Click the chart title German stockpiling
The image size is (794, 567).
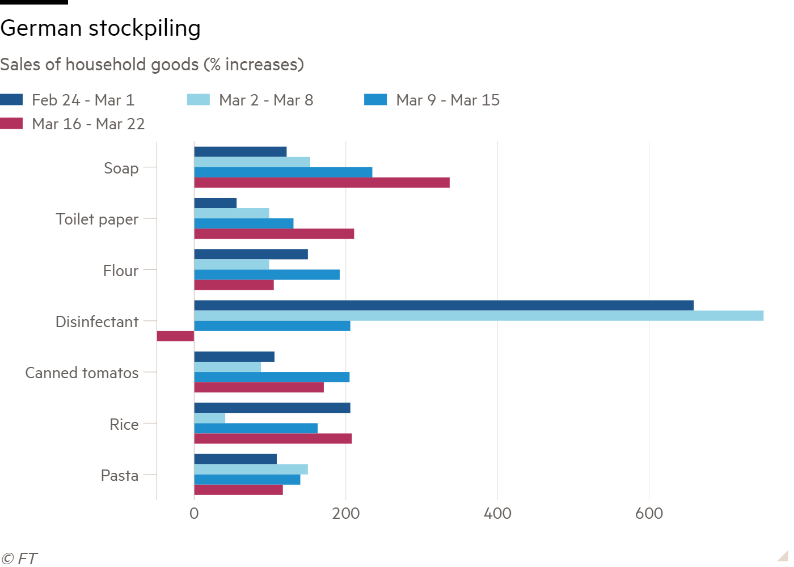tap(100, 28)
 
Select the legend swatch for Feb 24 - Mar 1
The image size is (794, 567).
tap(11, 100)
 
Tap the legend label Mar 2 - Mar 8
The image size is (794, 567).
tap(266, 100)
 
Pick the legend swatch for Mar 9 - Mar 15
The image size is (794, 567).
tap(375, 100)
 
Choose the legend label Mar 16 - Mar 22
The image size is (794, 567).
tap(88, 124)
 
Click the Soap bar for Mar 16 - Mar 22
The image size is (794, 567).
tap(322, 183)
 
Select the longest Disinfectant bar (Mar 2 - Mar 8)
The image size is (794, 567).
tap(479, 316)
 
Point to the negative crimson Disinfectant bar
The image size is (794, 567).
tap(175, 336)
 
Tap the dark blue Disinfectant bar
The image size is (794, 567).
tap(444, 306)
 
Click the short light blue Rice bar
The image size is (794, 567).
tap(209, 418)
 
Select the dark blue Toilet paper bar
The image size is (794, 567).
tap(215, 203)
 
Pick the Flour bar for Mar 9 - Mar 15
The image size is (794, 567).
tap(267, 274)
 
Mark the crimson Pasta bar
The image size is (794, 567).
tap(239, 490)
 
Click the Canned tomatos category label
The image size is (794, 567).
tap(82, 373)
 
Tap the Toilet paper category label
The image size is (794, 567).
tap(97, 219)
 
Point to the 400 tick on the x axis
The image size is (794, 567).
tap(497, 514)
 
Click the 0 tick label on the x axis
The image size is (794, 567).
tap(194, 514)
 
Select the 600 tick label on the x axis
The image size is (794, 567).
tap(649, 514)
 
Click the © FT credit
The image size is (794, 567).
tap(19, 559)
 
